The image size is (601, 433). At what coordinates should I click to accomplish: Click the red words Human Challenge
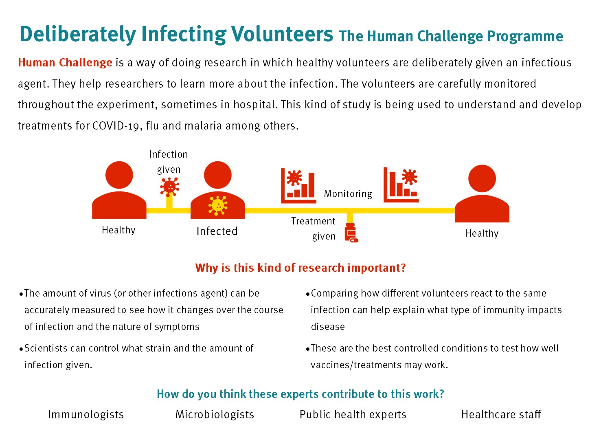tap(65, 63)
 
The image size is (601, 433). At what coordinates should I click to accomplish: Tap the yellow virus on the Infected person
tap(217, 206)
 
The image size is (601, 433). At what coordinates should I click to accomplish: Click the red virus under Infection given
tap(169, 186)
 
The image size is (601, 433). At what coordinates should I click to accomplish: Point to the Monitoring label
tap(348, 193)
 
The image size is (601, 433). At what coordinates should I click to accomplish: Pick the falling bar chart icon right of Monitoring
tap(401, 185)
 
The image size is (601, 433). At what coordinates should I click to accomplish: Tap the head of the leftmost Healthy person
tap(119, 175)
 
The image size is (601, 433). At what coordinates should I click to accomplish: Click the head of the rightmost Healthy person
tap(482, 178)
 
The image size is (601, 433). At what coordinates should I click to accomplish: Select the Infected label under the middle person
tap(217, 231)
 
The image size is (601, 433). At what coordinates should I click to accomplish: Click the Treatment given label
tap(314, 229)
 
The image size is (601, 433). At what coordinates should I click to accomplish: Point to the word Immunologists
tap(86, 415)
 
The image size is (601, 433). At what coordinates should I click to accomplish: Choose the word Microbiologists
tap(215, 415)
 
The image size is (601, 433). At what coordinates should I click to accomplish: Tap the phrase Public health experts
tap(353, 415)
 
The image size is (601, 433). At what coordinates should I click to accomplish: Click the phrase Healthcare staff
tap(501, 415)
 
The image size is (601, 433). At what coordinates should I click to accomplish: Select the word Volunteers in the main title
tap(282, 34)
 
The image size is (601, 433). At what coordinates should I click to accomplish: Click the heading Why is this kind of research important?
tap(300, 268)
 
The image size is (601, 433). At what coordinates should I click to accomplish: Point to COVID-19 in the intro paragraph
tap(116, 125)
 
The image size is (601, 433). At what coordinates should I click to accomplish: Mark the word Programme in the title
tap(525, 37)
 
